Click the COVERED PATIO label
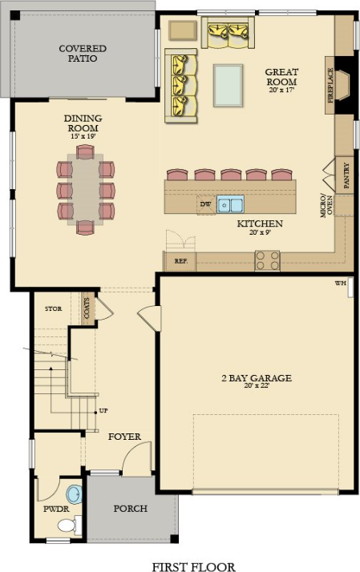coord(83,54)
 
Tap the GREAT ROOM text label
coord(281,77)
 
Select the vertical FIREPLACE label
coord(330,83)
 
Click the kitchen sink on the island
coord(231,203)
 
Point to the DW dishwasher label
coord(206,203)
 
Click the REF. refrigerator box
coord(180,260)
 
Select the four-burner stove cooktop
coord(267,260)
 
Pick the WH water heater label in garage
coord(339,284)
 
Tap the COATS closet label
coord(87,309)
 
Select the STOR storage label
coord(54,308)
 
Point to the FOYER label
coord(124,437)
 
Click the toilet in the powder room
coord(68,526)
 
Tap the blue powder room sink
coord(74,492)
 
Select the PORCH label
coord(130,508)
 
